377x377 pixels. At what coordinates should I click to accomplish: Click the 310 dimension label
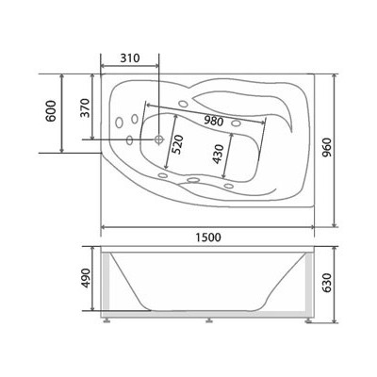click(x=130, y=58)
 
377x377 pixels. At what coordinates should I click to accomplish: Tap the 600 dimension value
click(x=51, y=111)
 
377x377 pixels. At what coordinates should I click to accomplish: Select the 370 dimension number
click(x=85, y=107)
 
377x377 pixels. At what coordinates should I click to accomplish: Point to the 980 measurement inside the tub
click(x=213, y=121)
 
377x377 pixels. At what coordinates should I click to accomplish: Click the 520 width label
click(x=178, y=144)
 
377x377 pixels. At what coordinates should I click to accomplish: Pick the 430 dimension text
click(x=218, y=154)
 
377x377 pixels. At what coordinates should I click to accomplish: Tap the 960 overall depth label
click(x=327, y=148)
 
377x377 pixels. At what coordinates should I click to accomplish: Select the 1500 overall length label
click(x=208, y=238)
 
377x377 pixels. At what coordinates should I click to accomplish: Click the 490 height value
click(x=86, y=278)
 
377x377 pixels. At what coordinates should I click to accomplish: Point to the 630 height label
click(x=327, y=283)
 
